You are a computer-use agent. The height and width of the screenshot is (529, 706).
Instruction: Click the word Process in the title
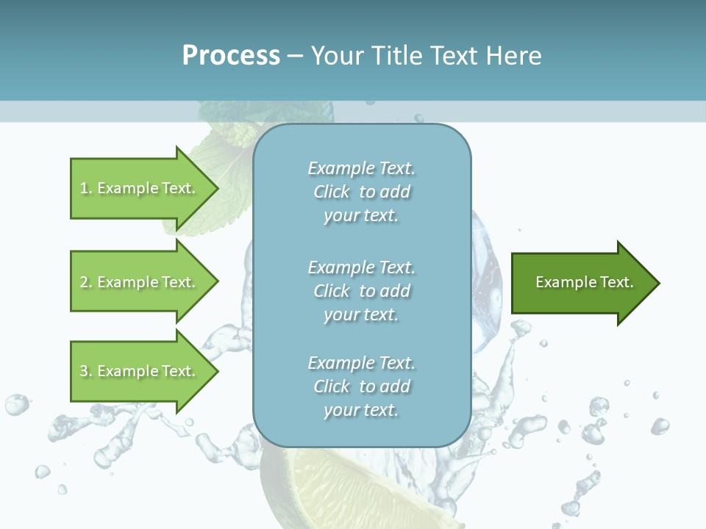tap(231, 56)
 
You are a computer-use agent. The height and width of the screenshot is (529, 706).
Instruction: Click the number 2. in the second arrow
tap(85, 282)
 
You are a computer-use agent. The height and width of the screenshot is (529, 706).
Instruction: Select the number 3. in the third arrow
tap(85, 371)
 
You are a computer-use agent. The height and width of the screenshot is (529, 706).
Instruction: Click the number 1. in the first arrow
tap(85, 188)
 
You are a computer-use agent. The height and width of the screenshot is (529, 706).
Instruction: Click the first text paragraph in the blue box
tap(361, 192)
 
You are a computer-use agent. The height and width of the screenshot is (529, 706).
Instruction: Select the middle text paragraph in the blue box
tap(361, 291)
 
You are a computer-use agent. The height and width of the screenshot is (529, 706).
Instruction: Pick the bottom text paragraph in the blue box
tap(361, 386)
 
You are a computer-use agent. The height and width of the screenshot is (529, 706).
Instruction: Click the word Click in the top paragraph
tap(332, 192)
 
